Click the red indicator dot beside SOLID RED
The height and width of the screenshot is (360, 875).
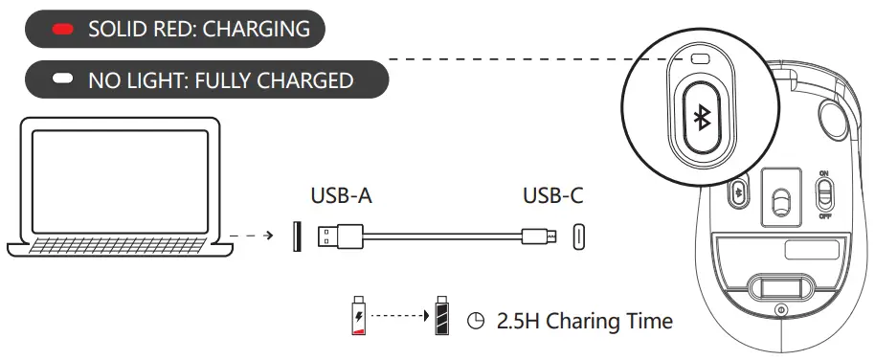pyautogui.click(x=64, y=30)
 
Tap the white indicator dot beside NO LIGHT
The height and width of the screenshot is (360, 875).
pyautogui.click(x=64, y=80)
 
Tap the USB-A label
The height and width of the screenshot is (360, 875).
pyautogui.click(x=341, y=196)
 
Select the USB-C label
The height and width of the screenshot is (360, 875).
pyautogui.click(x=552, y=196)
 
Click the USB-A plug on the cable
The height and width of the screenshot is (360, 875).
pyautogui.click(x=340, y=235)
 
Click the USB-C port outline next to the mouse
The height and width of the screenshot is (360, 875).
pyautogui.click(x=578, y=236)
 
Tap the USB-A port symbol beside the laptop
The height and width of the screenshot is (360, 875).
pyautogui.click(x=296, y=235)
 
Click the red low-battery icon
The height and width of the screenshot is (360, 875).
pyautogui.click(x=359, y=317)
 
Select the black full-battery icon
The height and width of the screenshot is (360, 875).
pyautogui.click(x=441, y=316)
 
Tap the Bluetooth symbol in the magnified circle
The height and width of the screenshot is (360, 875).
pyautogui.click(x=701, y=117)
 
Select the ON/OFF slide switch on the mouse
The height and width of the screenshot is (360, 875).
pyautogui.click(x=822, y=195)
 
